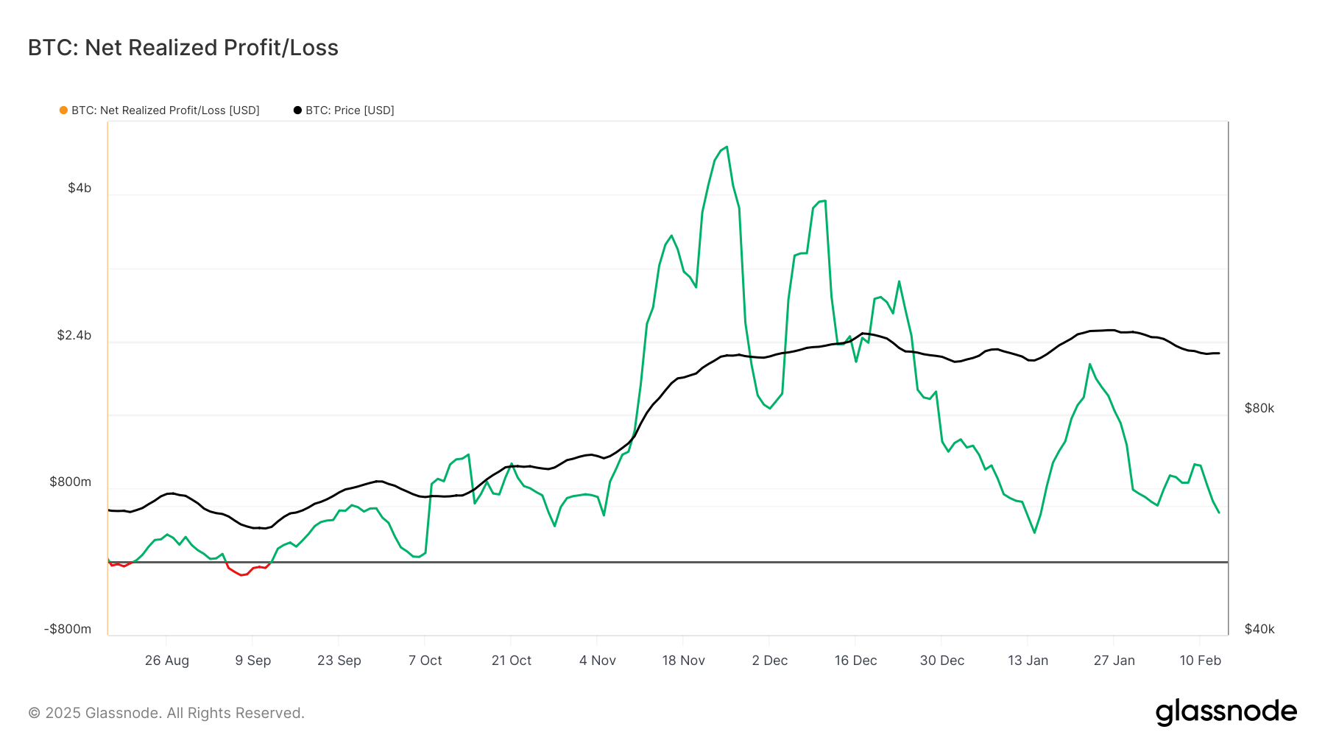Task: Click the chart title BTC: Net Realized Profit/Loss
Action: click(x=183, y=48)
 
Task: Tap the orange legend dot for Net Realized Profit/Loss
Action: click(x=63, y=110)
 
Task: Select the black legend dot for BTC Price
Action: click(x=297, y=110)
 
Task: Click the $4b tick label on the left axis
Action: click(x=79, y=189)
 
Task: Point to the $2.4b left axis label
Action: click(x=74, y=336)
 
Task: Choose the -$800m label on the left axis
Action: click(x=68, y=630)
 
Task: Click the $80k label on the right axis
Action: click(x=1259, y=409)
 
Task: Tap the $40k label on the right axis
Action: click(x=1259, y=630)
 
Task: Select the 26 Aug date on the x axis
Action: click(x=167, y=661)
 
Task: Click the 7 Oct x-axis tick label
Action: click(x=425, y=661)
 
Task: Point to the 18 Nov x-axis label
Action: click(x=683, y=661)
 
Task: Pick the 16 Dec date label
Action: click(x=855, y=661)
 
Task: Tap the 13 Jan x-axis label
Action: click(x=1028, y=661)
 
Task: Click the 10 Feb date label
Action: click(x=1200, y=661)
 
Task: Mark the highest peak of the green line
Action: click(x=727, y=147)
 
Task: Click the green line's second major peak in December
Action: click(x=824, y=201)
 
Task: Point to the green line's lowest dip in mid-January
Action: click(x=1034, y=532)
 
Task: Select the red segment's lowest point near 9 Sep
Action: click(x=241, y=575)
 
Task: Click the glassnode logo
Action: click(x=1226, y=712)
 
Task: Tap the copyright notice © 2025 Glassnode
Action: click(x=166, y=713)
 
